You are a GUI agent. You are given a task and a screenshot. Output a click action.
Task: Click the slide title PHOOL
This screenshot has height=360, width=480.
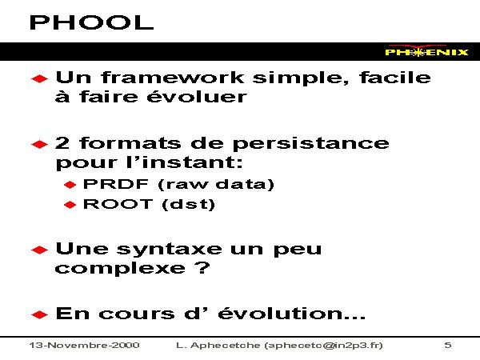[x=91, y=22]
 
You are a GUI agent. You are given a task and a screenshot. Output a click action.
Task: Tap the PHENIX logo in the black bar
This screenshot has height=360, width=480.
[x=426, y=51]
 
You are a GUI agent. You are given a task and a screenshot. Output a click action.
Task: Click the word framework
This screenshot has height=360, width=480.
[x=173, y=77]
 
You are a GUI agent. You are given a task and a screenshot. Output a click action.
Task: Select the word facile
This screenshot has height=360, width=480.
[x=395, y=77]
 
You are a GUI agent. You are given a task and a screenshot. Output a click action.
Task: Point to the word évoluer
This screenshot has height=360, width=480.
[x=197, y=97]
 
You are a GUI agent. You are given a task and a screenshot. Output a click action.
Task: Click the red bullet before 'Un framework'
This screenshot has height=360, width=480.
[x=39, y=78]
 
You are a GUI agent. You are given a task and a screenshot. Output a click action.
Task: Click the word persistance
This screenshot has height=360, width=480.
[x=310, y=144]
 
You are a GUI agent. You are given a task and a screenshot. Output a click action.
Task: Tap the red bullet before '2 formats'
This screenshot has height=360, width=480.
[x=39, y=144]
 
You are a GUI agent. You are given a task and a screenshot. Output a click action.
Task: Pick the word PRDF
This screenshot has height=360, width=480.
[x=116, y=184]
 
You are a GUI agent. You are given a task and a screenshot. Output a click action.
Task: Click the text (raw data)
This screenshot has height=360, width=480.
[x=216, y=184]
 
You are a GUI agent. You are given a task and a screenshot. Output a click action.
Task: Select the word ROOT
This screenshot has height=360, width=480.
[x=118, y=204]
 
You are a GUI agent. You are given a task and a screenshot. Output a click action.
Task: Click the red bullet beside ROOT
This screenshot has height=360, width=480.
[x=70, y=205]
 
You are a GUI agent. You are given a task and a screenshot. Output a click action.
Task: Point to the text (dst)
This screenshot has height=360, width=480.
[x=188, y=204]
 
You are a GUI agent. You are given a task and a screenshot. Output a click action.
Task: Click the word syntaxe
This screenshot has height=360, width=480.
[x=170, y=250]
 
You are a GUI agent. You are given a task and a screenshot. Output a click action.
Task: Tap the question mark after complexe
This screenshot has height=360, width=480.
[x=202, y=267]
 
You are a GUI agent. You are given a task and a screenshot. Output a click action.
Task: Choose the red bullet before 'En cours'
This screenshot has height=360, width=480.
[x=39, y=314]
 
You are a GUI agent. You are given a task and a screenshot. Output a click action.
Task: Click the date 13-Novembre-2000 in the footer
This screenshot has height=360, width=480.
[x=85, y=346]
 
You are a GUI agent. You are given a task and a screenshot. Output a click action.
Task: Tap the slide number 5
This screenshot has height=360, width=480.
[x=448, y=346]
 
